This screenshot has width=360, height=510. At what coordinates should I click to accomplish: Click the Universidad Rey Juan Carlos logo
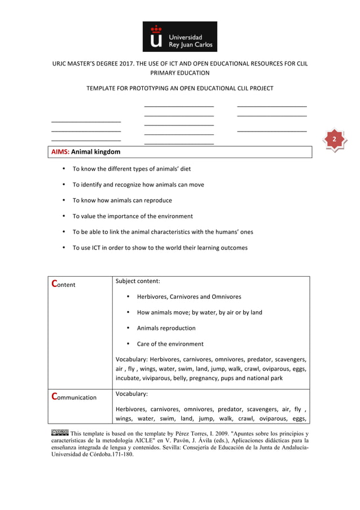tap(179, 37)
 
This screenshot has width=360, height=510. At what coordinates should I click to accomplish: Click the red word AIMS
tap(60, 152)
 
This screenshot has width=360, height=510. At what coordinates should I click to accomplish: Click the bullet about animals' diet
tap(131, 169)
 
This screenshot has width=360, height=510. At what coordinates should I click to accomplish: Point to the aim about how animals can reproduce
tap(122, 200)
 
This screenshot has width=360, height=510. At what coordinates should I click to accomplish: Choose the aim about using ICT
tap(160, 248)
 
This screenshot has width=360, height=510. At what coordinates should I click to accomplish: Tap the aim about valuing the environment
tap(133, 216)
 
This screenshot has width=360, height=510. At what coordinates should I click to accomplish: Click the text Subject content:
tap(138, 281)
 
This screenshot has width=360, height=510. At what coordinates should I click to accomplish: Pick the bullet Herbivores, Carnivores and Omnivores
tap(189, 297)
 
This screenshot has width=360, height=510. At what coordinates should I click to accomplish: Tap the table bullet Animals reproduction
tap(166, 328)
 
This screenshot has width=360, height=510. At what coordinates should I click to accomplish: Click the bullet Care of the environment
tap(170, 344)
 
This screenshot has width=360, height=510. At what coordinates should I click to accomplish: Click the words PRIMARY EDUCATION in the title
tap(179, 73)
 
